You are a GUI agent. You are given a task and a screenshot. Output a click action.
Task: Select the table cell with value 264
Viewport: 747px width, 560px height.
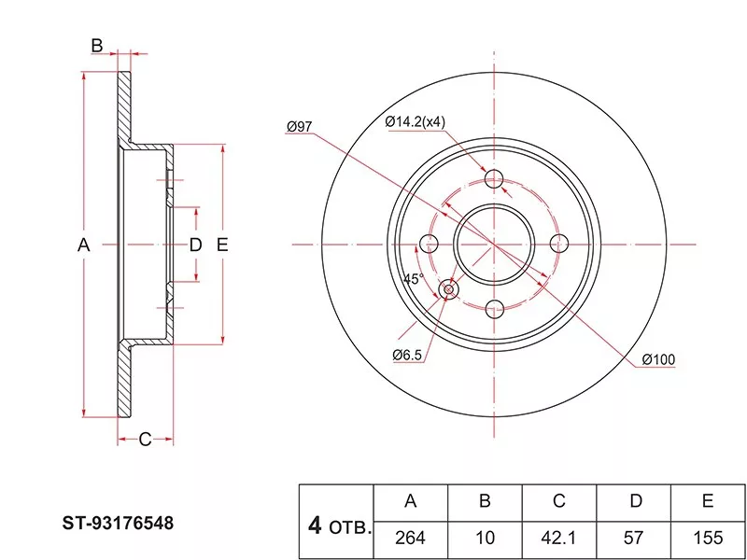click(410, 538)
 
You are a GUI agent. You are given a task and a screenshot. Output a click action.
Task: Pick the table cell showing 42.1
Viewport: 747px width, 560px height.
click(559, 538)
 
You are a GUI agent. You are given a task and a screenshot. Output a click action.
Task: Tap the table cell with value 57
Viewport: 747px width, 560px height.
click(635, 538)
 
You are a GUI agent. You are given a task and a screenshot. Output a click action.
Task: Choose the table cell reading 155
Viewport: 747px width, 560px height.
click(710, 538)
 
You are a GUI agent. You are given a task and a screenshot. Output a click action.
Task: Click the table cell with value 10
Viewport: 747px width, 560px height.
click(485, 538)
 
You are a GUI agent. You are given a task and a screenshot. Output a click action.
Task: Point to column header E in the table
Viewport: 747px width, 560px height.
click(710, 501)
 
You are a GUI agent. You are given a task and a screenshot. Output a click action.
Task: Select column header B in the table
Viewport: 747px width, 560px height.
click(485, 501)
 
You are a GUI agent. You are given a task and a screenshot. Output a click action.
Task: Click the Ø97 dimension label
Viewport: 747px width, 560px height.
click(300, 126)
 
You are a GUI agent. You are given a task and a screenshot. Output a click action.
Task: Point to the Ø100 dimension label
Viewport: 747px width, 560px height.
click(658, 360)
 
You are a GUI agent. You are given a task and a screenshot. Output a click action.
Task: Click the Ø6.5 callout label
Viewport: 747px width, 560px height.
click(409, 355)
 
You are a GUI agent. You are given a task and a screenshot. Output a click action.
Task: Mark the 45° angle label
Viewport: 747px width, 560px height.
click(413, 278)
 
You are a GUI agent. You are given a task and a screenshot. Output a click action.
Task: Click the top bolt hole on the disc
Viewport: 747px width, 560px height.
click(495, 180)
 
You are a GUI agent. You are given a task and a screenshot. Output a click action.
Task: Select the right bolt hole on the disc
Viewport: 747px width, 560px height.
click(559, 244)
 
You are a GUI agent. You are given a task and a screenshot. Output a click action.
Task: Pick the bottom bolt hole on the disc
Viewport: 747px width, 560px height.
click(495, 308)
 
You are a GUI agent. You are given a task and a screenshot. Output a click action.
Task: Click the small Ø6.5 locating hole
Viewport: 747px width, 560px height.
click(449, 290)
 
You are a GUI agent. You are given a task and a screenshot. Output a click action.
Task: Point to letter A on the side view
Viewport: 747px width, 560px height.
click(82, 245)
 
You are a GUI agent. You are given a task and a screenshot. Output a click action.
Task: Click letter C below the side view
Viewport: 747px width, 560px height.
click(145, 440)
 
